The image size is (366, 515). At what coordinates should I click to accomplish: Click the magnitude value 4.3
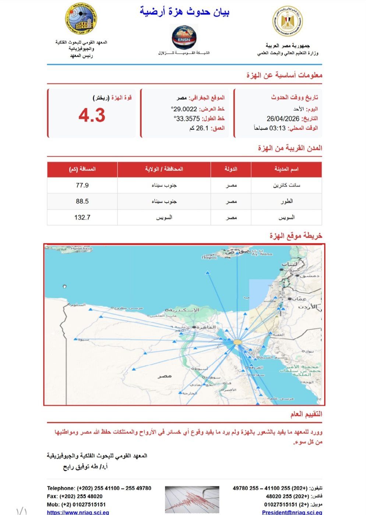click(92, 116)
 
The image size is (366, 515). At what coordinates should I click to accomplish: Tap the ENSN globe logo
click(184, 37)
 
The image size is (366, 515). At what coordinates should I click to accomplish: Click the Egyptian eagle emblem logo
click(288, 21)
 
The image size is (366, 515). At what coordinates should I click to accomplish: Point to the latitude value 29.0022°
click(184, 109)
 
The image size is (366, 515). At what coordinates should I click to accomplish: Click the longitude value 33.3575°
click(187, 119)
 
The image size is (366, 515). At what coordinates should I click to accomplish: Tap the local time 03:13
click(278, 128)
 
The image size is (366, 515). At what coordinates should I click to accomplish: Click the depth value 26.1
click(202, 128)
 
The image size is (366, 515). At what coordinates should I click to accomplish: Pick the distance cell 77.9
click(82, 185)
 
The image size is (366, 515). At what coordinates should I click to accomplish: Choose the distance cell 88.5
click(82, 202)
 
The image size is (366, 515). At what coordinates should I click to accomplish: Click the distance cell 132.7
click(82, 217)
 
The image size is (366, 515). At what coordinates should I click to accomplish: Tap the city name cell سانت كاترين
click(286, 185)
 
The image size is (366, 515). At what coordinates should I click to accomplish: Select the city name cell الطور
click(286, 202)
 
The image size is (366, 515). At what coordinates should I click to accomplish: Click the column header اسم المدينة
click(286, 169)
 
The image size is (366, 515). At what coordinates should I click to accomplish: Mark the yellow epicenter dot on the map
click(237, 342)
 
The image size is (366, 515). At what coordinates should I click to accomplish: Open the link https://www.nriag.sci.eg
click(78, 512)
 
